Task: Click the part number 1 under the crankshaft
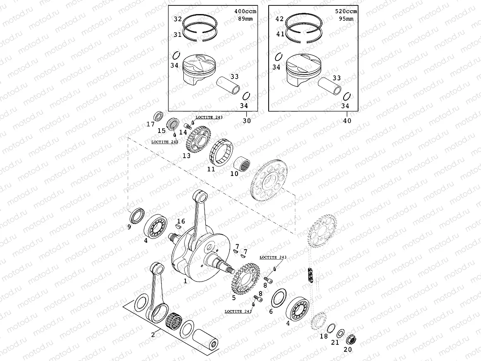(x=185, y=281)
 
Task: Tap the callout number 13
(x=187, y=156)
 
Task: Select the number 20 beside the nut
(x=348, y=349)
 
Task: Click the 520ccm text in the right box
(x=346, y=12)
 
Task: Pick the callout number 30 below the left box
(x=247, y=121)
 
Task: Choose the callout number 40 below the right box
(x=347, y=121)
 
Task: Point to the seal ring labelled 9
(x=136, y=216)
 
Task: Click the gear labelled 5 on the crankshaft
(x=242, y=281)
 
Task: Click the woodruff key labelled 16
(x=178, y=226)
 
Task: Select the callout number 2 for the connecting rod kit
(x=153, y=335)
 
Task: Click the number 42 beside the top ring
(x=280, y=19)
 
